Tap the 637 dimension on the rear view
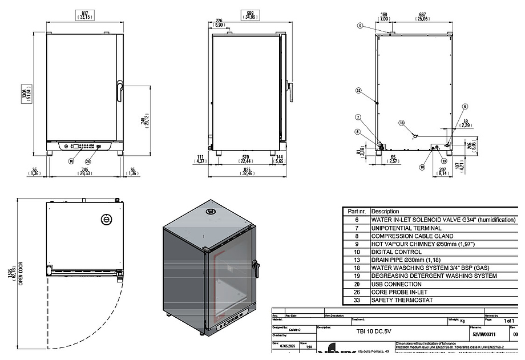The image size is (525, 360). (x=422, y=14)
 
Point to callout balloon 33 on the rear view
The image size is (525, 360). (x=358, y=91)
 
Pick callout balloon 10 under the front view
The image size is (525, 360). (x=71, y=161)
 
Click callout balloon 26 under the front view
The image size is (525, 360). (x=88, y=161)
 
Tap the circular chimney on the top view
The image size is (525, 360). (x=106, y=219)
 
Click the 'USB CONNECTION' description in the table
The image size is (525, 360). (x=397, y=284)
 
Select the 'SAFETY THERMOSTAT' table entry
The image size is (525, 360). (x=402, y=300)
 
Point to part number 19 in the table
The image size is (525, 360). (x=357, y=276)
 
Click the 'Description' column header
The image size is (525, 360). (x=385, y=211)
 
